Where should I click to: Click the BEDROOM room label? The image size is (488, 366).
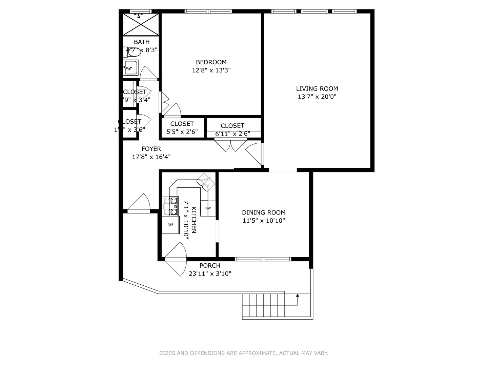click(x=211, y=62)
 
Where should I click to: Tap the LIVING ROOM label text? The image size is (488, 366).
click(x=317, y=88)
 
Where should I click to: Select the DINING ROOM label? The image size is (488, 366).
click(x=264, y=212)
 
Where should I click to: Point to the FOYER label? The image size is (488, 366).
click(x=151, y=149)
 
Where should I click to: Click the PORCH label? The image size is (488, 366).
click(x=210, y=266)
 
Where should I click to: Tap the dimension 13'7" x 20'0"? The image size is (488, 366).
click(x=317, y=97)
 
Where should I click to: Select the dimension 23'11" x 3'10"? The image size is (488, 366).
click(x=210, y=273)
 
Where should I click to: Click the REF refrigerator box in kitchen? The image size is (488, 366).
click(x=170, y=225)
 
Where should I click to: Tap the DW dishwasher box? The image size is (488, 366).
click(x=208, y=208)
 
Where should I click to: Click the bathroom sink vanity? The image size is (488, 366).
click(x=130, y=68)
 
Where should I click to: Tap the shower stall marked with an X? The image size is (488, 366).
click(x=141, y=24)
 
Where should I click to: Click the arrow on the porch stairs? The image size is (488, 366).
click(x=297, y=296)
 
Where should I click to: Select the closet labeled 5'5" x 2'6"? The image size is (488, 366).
click(x=182, y=128)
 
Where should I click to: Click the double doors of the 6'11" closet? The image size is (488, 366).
click(x=230, y=146)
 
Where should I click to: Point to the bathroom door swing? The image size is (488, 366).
click(x=148, y=73)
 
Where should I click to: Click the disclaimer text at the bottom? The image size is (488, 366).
click(x=244, y=353)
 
